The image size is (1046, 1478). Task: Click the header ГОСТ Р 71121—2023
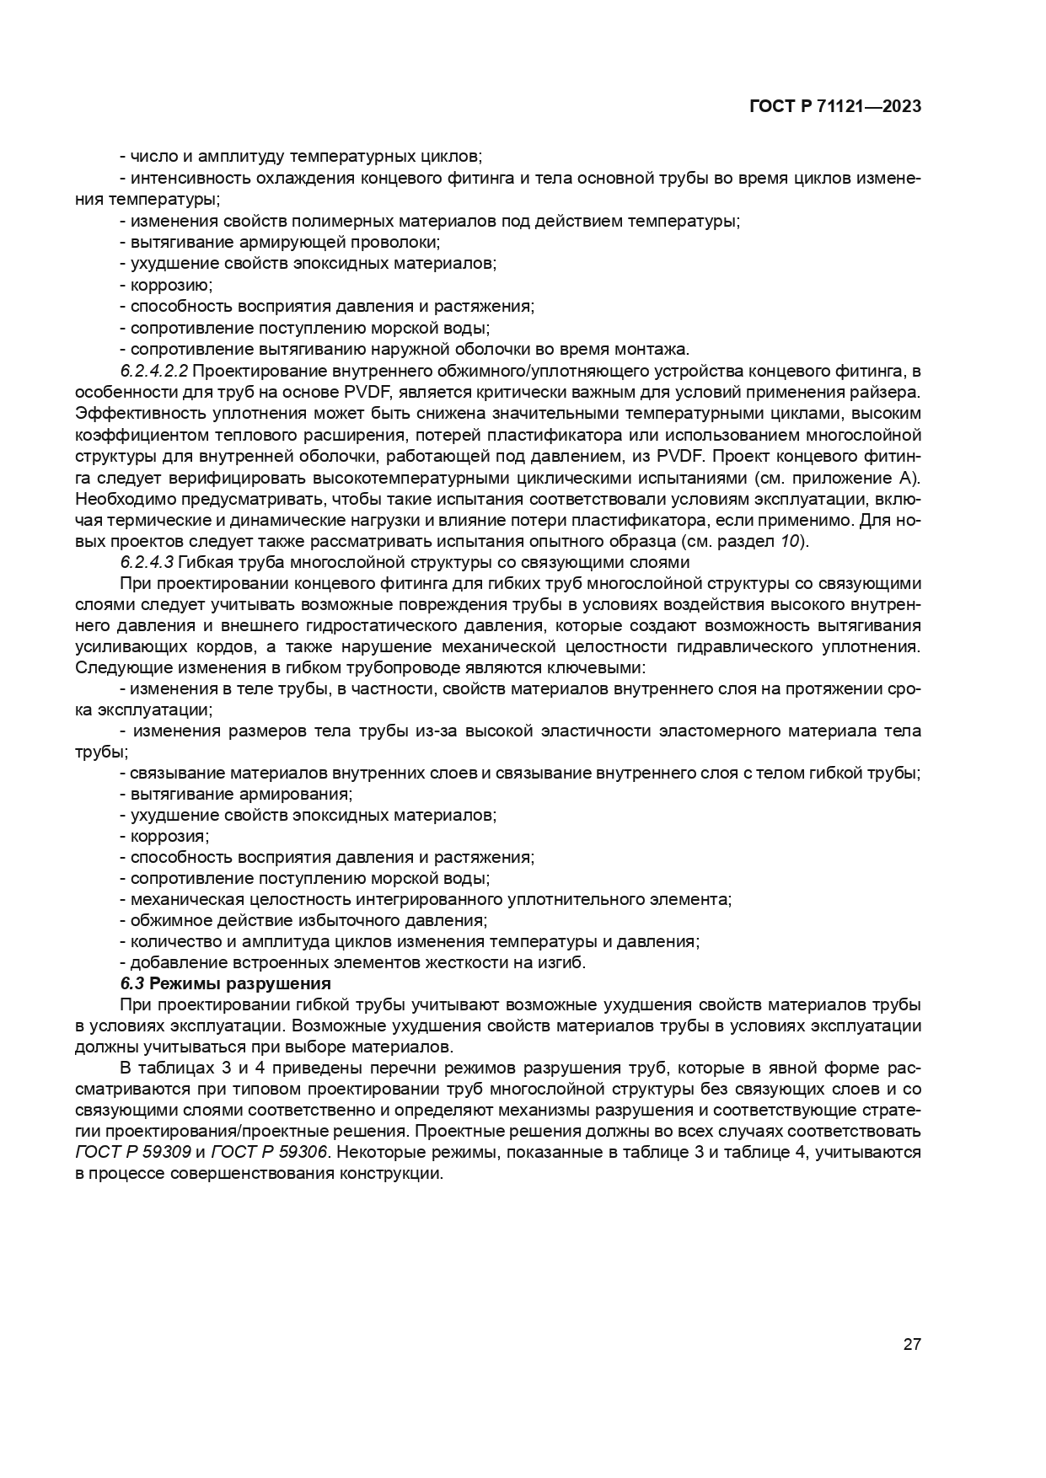tap(834, 107)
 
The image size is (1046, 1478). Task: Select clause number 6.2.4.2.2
tap(154, 371)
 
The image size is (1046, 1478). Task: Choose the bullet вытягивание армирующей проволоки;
tap(279, 243)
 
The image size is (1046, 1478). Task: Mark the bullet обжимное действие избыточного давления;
tap(303, 921)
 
